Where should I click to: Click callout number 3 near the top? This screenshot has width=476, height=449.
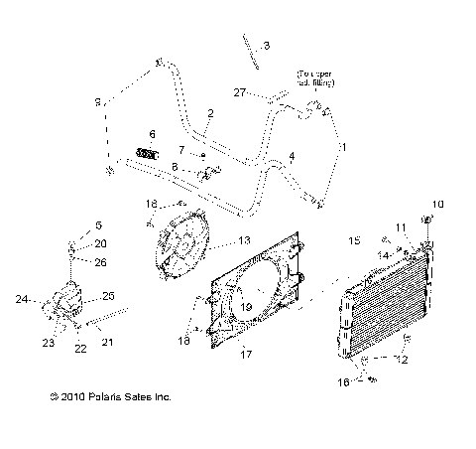coord(265,46)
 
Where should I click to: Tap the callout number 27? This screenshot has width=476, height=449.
coord(238,92)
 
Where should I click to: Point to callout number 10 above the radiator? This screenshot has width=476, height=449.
coord(440,205)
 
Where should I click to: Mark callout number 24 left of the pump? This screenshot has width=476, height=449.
coord(21,298)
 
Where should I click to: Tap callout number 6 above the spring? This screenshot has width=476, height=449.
coord(152,133)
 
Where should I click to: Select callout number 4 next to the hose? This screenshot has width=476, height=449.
coord(292,156)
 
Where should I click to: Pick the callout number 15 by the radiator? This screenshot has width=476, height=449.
coord(353,241)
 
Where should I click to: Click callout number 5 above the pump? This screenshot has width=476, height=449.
coord(97,224)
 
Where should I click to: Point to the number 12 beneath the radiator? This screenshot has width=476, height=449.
coord(401,360)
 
